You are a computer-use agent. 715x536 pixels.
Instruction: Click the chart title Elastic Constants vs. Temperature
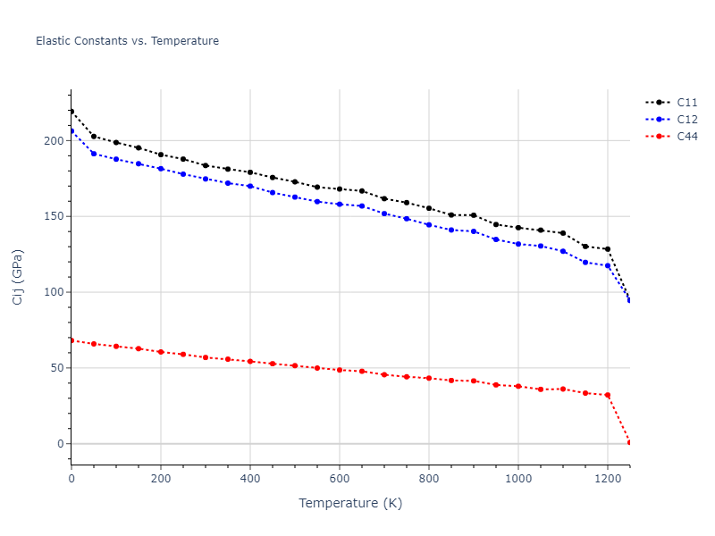click(x=127, y=41)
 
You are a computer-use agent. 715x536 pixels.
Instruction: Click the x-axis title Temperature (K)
click(x=350, y=504)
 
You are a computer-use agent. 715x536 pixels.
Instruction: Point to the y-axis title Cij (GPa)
click(x=18, y=277)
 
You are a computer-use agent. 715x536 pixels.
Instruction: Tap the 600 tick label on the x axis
click(x=340, y=479)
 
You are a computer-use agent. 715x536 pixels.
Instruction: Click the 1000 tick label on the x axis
click(x=518, y=479)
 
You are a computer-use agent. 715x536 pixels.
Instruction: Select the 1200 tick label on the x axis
click(x=608, y=479)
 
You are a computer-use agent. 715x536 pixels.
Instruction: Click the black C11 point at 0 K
click(x=71, y=112)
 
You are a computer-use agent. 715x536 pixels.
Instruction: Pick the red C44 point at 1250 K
click(x=629, y=443)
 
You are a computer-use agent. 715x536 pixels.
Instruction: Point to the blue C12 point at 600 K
click(x=340, y=204)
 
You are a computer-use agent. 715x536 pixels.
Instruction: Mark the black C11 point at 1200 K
click(x=608, y=249)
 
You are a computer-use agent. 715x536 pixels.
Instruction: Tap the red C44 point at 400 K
click(x=250, y=361)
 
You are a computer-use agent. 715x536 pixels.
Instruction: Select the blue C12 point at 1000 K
click(x=518, y=244)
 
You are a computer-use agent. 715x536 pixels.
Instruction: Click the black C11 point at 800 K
click(x=429, y=208)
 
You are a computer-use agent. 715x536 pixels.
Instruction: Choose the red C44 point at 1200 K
click(x=608, y=395)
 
